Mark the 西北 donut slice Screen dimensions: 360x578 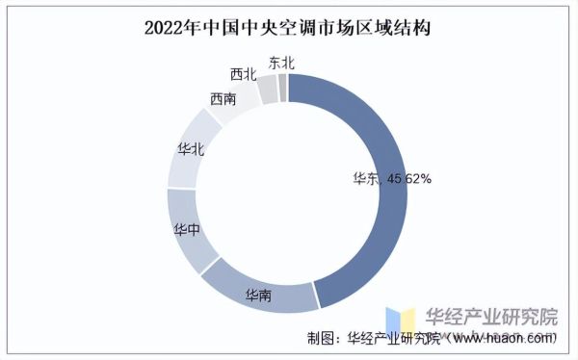coord(266,90)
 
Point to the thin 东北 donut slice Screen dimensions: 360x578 coord(282,87)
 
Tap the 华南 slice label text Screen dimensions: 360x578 coord(257,293)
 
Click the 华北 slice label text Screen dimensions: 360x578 coord(190,148)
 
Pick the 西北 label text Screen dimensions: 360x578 coord(243,73)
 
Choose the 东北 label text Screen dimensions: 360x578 coord(281,63)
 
